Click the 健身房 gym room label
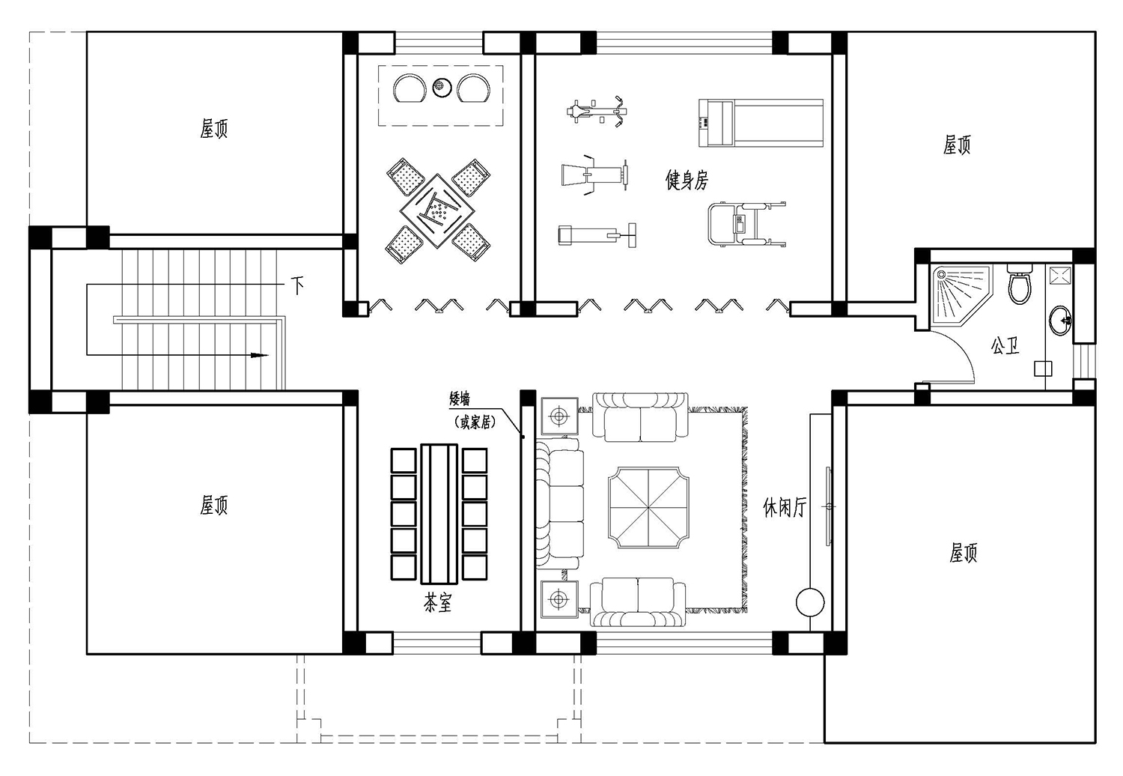tap(687, 180)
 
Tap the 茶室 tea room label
tap(438, 603)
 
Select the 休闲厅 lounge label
tap(785, 507)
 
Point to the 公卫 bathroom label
tap(1005, 345)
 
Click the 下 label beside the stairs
tap(298, 286)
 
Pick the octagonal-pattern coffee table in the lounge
tap(648, 508)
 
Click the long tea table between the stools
tap(439, 514)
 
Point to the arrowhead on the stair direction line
tap(260, 356)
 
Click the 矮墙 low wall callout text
tap(460, 400)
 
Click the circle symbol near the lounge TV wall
tap(809, 602)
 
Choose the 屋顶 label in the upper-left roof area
tap(214, 128)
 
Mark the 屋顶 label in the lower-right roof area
tap(963, 553)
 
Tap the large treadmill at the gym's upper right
tap(761, 123)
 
